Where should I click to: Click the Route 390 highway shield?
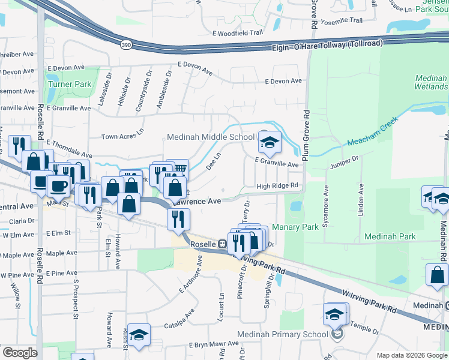click(x=125, y=46)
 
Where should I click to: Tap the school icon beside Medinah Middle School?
click(x=270, y=142)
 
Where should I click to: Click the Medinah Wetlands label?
click(x=431, y=83)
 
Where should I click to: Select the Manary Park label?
click(x=295, y=227)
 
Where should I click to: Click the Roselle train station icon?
click(x=221, y=244)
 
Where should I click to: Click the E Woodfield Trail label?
click(x=238, y=34)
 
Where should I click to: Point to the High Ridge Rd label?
click(x=277, y=186)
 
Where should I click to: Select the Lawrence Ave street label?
click(x=199, y=202)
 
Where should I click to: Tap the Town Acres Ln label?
click(x=122, y=136)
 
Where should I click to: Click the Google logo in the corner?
click(x=20, y=352)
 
